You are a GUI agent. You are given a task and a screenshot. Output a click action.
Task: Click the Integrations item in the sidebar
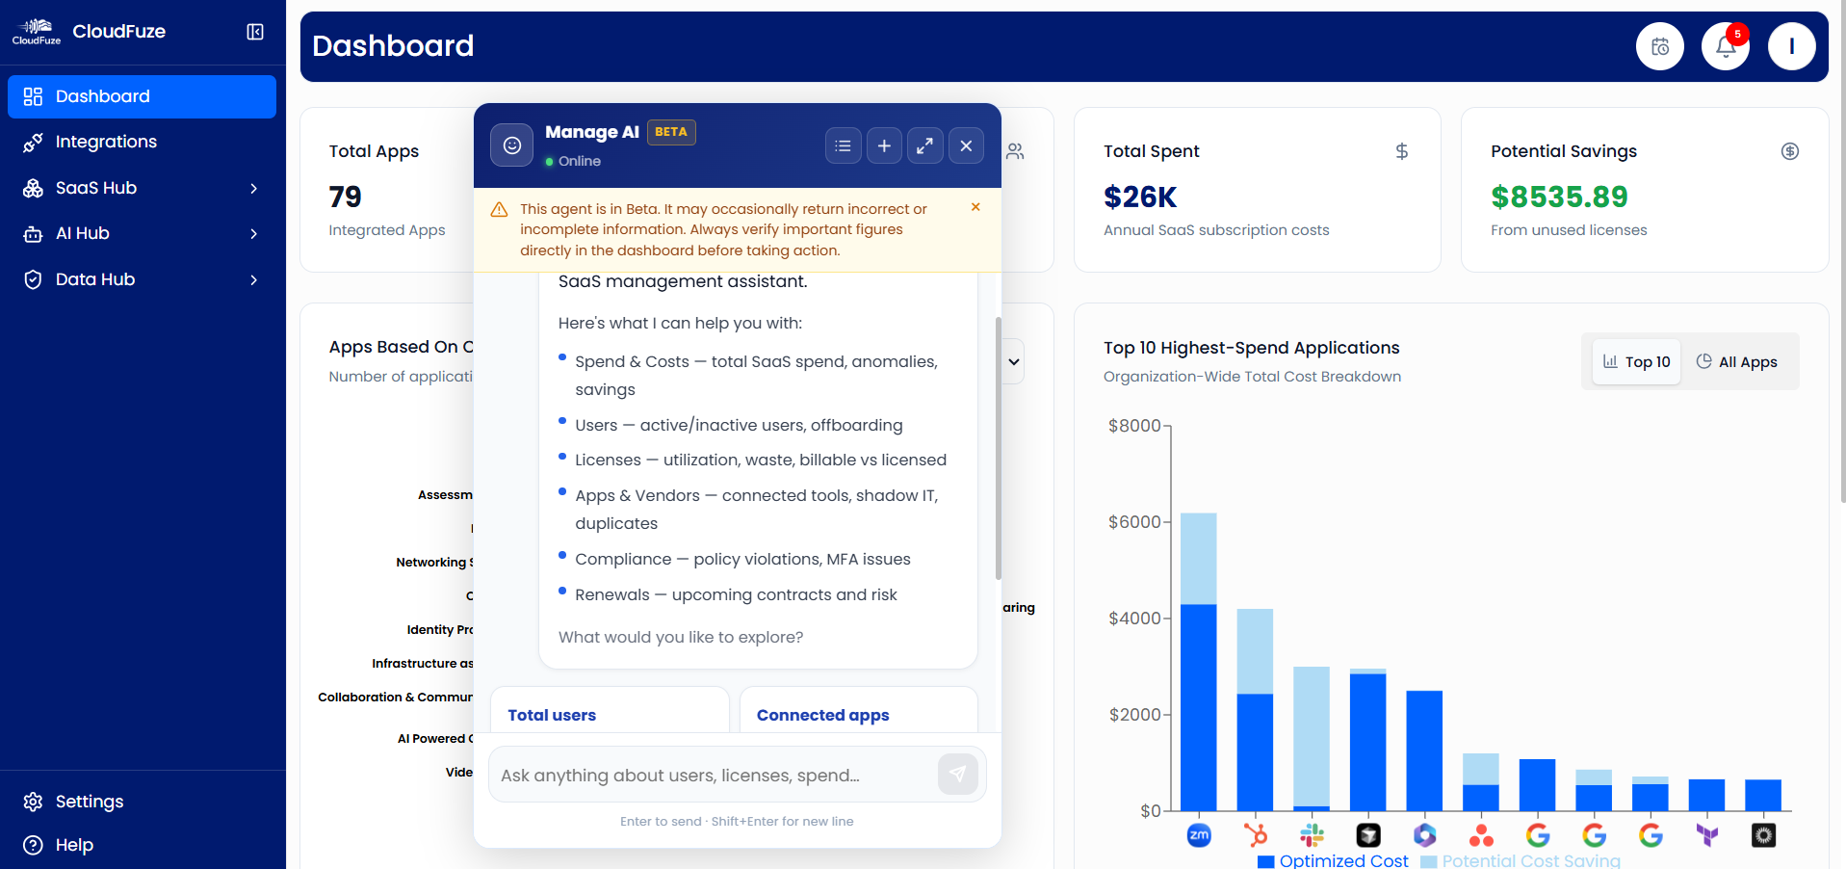pyautogui.click(x=106, y=142)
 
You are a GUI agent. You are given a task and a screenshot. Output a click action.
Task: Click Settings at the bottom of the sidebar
pyautogui.click(x=89, y=802)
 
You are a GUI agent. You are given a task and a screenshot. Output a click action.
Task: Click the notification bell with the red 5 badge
pyautogui.click(x=1725, y=46)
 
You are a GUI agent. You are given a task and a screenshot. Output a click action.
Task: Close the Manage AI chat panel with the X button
pyautogui.click(x=966, y=145)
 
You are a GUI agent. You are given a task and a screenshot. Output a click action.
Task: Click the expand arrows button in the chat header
pyautogui.click(x=924, y=145)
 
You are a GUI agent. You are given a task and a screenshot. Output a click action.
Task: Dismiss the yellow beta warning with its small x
pyautogui.click(x=975, y=207)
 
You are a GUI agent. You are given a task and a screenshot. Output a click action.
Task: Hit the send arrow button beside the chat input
pyautogui.click(x=957, y=774)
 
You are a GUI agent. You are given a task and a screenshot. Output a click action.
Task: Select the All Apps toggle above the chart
pyautogui.click(x=1737, y=362)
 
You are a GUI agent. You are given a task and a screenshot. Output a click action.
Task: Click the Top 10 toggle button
pyautogui.click(x=1636, y=362)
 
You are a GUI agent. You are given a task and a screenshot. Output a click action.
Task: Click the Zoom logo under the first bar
pyautogui.click(x=1199, y=835)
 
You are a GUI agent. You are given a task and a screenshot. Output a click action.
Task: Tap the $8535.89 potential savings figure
pyautogui.click(x=1559, y=197)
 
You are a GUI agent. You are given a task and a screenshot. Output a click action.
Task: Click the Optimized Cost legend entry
pyautogui.click(x=1334, y=860)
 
